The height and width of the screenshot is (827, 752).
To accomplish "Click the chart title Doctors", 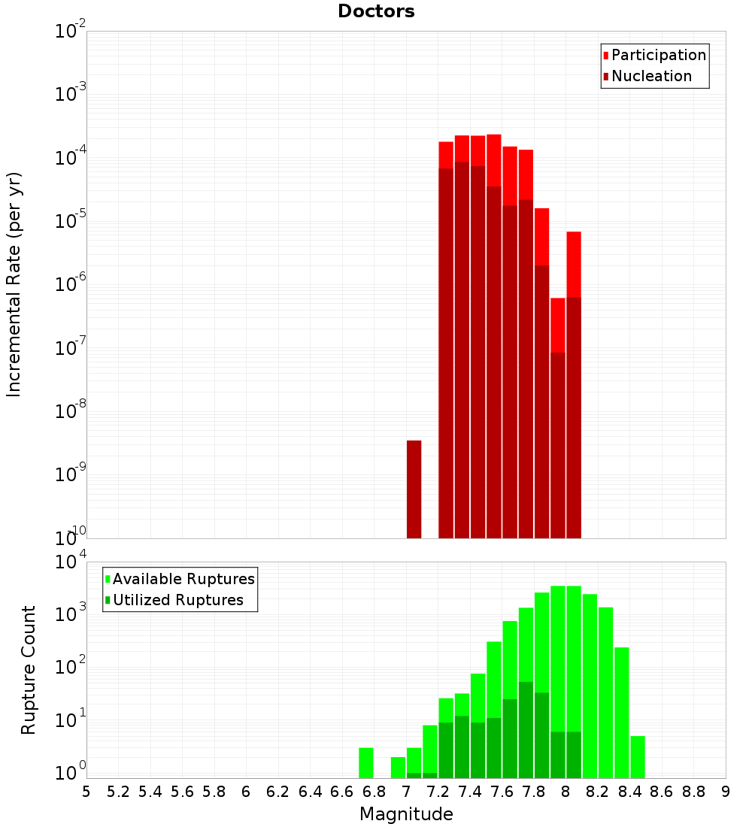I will pos(376,11).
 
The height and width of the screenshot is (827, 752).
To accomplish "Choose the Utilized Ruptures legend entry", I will pos(177,600).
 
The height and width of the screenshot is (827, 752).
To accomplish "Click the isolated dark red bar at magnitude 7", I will pos(414,489).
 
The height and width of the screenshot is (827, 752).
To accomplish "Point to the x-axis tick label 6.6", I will pos(342,792).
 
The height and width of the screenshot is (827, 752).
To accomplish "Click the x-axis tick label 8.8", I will pos(693,792).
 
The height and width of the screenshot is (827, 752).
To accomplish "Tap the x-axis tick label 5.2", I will pos(118,792).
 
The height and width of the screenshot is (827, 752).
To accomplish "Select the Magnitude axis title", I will pos(406,814).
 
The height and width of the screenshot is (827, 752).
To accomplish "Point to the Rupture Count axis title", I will pos(29,670).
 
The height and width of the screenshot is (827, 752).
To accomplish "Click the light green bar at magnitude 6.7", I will pos(365,762).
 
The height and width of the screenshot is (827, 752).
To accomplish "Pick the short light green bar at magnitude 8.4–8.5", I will pos(638,756).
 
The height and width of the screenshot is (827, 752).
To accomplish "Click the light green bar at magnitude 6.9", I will pos(398,767).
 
